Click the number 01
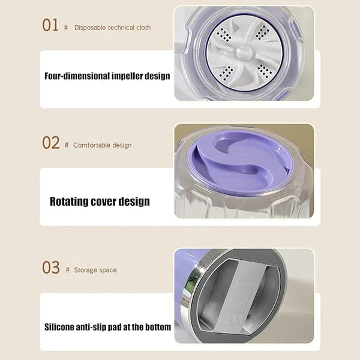[x=50, y=25]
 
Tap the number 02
[x=51, y=143]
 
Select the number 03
[x=51, y=267]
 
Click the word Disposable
[x=90, y=28]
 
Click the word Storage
[x=85, y=270]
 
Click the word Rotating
[x=69, y=202]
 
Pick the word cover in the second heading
[x=103, y=202]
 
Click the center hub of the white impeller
[x=245, y=52]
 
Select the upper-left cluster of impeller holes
[x=224, y=35]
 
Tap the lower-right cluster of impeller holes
[x=264, y=70]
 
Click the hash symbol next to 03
[x=67, y=270]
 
